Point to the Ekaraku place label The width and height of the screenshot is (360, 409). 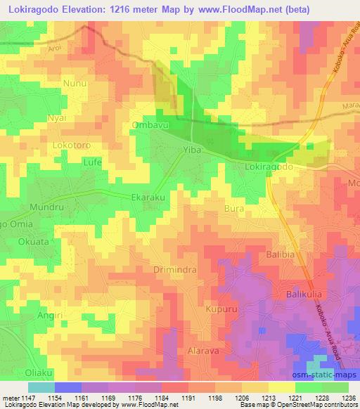point(149,199)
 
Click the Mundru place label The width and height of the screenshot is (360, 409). point(47,208)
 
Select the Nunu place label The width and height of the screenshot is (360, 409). point(75,84)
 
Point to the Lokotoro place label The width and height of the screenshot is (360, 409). point(69,145)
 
